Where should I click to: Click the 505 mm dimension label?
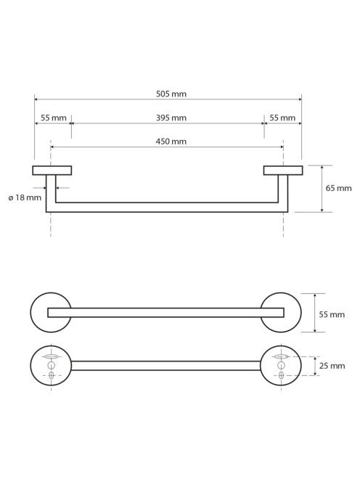point(171,94)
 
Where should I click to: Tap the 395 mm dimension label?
point(171,118)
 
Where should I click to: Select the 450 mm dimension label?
point(171,142)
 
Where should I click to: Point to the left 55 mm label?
point(54,118)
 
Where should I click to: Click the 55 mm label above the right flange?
point(282,118)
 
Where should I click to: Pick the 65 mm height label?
point(338,188)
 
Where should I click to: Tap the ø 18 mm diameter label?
point(25,197)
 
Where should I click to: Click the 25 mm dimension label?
point(332,366)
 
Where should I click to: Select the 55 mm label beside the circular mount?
point(332,314)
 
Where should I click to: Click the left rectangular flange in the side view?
point(52,171)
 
